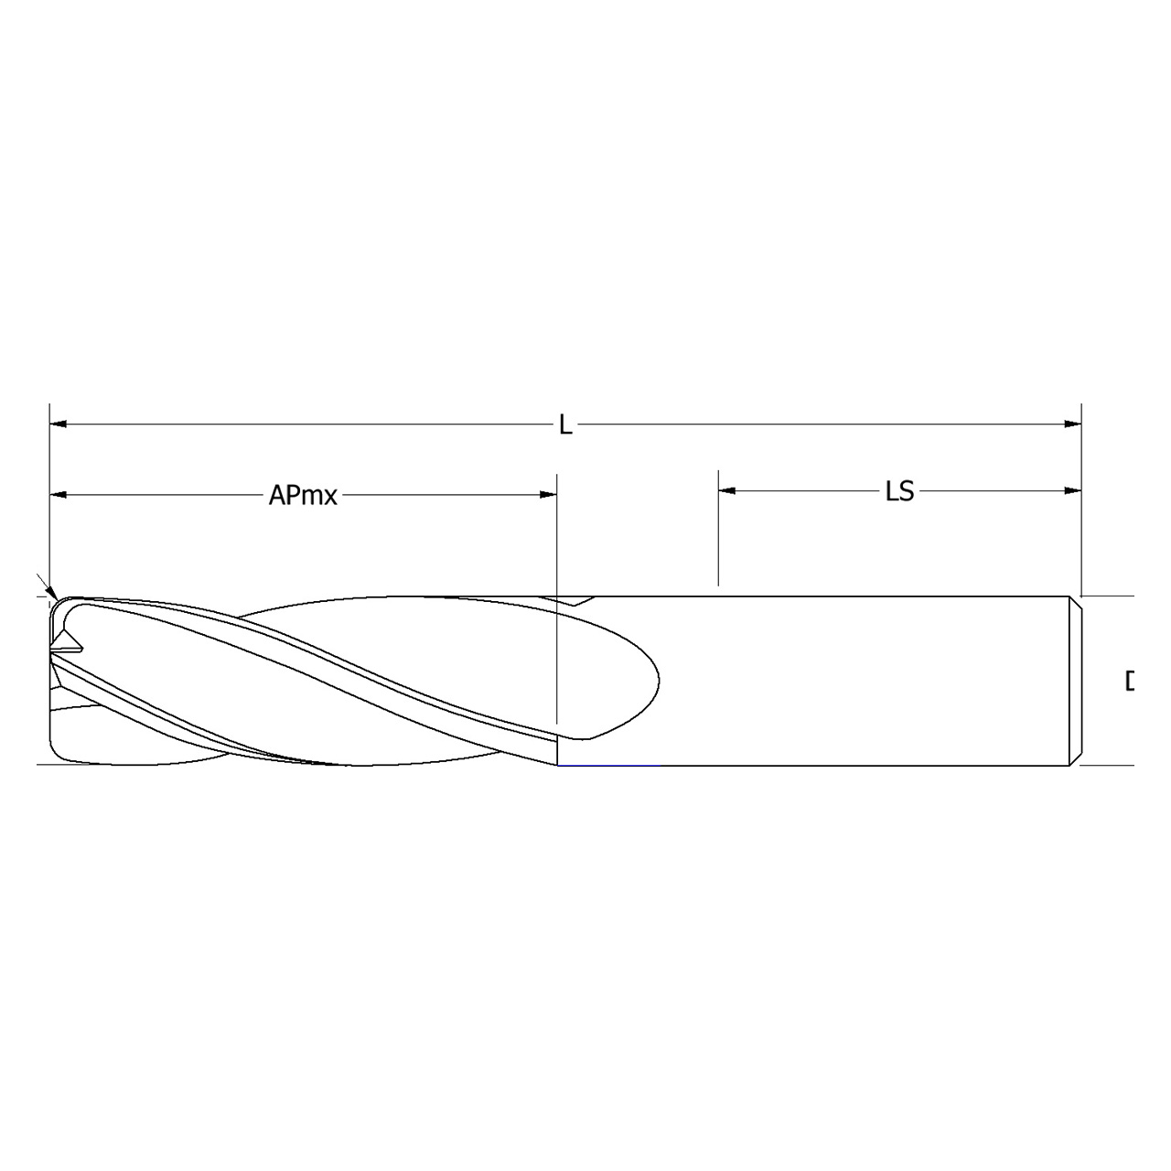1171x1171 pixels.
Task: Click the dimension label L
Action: point(565,425)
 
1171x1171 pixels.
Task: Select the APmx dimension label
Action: point(303,496)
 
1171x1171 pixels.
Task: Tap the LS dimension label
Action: point(899,492)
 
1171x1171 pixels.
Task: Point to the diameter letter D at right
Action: point(1129,682)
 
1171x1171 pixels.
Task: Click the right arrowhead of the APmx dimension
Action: point(548,495)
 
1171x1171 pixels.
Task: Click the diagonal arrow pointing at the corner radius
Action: point(44,585)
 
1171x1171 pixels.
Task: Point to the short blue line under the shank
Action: point(608,765)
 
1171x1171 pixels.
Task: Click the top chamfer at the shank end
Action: point(1076,601)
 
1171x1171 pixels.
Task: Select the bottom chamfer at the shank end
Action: point(1076,758)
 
